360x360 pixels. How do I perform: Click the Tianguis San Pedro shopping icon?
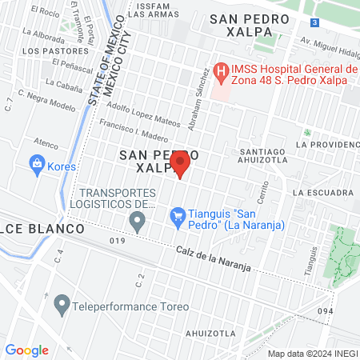[x=178, y=215]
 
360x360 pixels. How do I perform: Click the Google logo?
[x=27, y=350]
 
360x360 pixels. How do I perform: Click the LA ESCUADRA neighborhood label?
[x=322, y=193]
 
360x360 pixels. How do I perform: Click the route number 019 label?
[x=118, y=240]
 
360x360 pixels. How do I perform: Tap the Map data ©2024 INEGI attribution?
[x=313, y=353]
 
